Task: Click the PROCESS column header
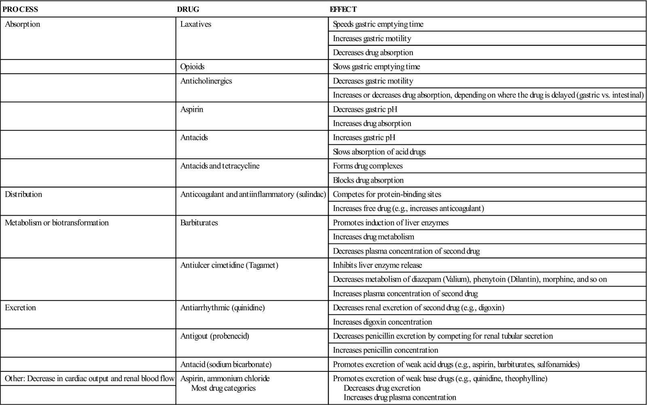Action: pos(20,9)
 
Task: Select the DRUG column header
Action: pos(188,9)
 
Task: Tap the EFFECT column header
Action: pos(343,9)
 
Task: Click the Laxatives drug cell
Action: pos(196,24)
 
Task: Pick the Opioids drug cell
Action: pos(192,67)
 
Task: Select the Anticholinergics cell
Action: pos(206,81)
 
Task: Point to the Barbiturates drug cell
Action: pos(199,223)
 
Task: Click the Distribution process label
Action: pos(23,195)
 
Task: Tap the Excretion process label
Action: pos(20,308)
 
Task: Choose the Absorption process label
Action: pos(23,24)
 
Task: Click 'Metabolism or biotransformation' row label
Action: pos(57,223)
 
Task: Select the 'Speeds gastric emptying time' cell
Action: pos(378,24)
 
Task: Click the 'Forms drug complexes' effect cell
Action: pos(368,166)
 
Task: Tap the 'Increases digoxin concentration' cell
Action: pos(382,322)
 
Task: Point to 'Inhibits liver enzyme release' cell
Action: pos(377,265)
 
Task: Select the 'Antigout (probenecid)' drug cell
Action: pos(215,336)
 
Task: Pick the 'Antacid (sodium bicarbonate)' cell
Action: pos(226,365)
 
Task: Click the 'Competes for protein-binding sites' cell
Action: pos(387,195)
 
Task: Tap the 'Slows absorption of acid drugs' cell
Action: pos(379,152)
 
